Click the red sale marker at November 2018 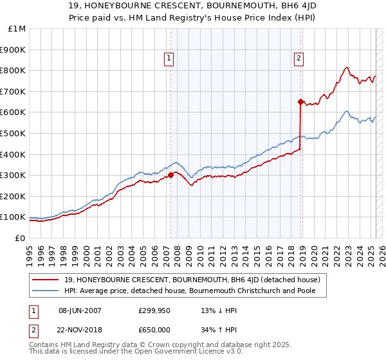pyautogui.click(x=300, y=102)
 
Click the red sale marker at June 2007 pyautogui.click(x=170, y=175)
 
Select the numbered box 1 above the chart pyautogui.click(x=169, y=59)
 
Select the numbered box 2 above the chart pyautogui.click(x=299, y=59)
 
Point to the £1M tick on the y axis pyautogui.click(x=17, y=29)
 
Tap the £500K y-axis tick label pyautogui.click(x=14, y=133)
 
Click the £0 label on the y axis pyautogui.click(x=19, y=238)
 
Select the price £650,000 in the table pyautogui.click(x=154, y=330)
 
